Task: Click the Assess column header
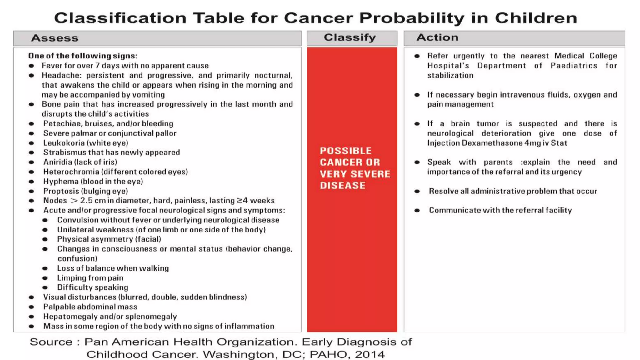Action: point(55,38)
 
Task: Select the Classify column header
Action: point(350,37)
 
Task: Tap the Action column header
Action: point(437,37)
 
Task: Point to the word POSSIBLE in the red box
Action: point(346,151)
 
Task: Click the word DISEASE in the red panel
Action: point(342,186)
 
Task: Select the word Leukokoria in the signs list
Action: point(63,143)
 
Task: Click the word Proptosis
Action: point(61,191)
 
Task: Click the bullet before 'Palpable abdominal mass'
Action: point(31,307)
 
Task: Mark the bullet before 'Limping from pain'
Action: point(45,278)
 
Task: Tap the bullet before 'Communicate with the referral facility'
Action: point(417,211)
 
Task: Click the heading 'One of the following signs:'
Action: point(83,56)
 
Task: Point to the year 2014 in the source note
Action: point(370,355)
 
